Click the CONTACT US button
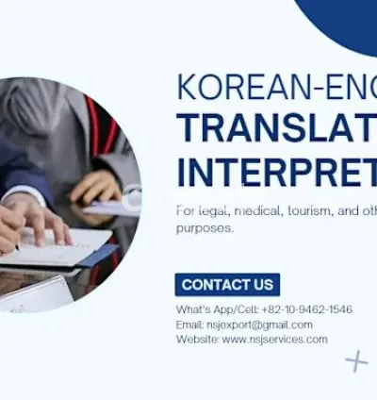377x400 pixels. click(x=227, y=285)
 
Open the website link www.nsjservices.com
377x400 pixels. click(x=275, y=340)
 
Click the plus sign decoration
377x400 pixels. click(x=356, y=360)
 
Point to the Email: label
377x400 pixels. click(x=190, y=325)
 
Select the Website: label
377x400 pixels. click(x=197, y=340)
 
